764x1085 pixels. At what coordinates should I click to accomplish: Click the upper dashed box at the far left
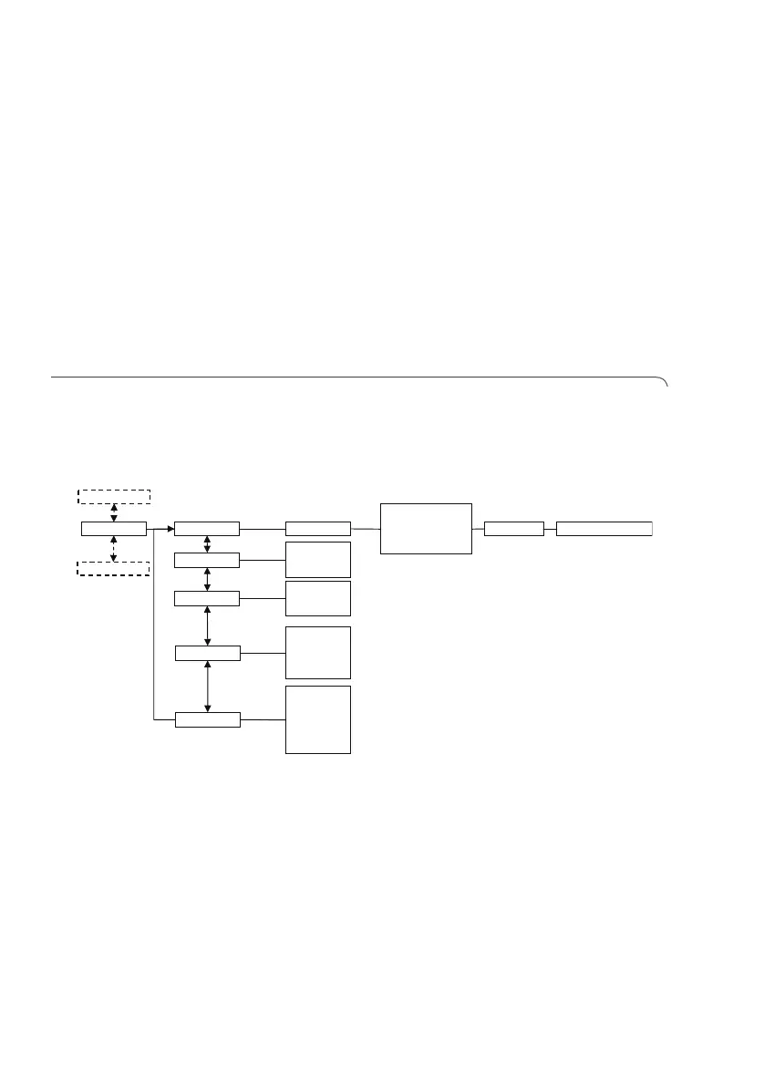114,496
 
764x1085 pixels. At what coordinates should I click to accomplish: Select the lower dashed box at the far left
114,569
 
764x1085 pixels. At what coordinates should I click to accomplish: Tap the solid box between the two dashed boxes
114,528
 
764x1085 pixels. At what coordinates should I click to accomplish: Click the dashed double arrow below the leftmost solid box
114,549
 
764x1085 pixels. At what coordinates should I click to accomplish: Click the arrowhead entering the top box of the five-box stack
170,528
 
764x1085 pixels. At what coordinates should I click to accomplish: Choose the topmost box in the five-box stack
207,528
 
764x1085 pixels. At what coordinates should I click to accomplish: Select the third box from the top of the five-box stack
207,598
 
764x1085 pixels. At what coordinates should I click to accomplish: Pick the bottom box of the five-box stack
208,719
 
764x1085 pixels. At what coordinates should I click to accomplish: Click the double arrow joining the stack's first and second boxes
208,543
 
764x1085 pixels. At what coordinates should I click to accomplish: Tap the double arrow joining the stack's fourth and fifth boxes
209,686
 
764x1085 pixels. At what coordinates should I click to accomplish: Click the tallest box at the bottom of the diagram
318,719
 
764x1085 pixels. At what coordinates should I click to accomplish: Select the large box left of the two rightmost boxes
426,528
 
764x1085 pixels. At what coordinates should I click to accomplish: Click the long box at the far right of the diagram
604,528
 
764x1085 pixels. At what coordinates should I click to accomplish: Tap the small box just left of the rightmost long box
514,528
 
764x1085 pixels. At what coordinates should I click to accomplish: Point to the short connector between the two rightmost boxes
550,528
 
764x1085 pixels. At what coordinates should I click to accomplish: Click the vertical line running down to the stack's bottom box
155,629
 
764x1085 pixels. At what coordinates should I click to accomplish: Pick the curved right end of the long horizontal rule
665,381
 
